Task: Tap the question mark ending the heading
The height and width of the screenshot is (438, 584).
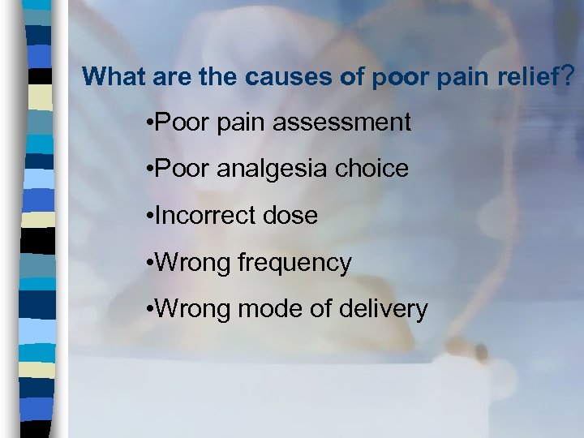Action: coord(567,76)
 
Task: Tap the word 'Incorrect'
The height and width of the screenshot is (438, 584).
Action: coord(204,216)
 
